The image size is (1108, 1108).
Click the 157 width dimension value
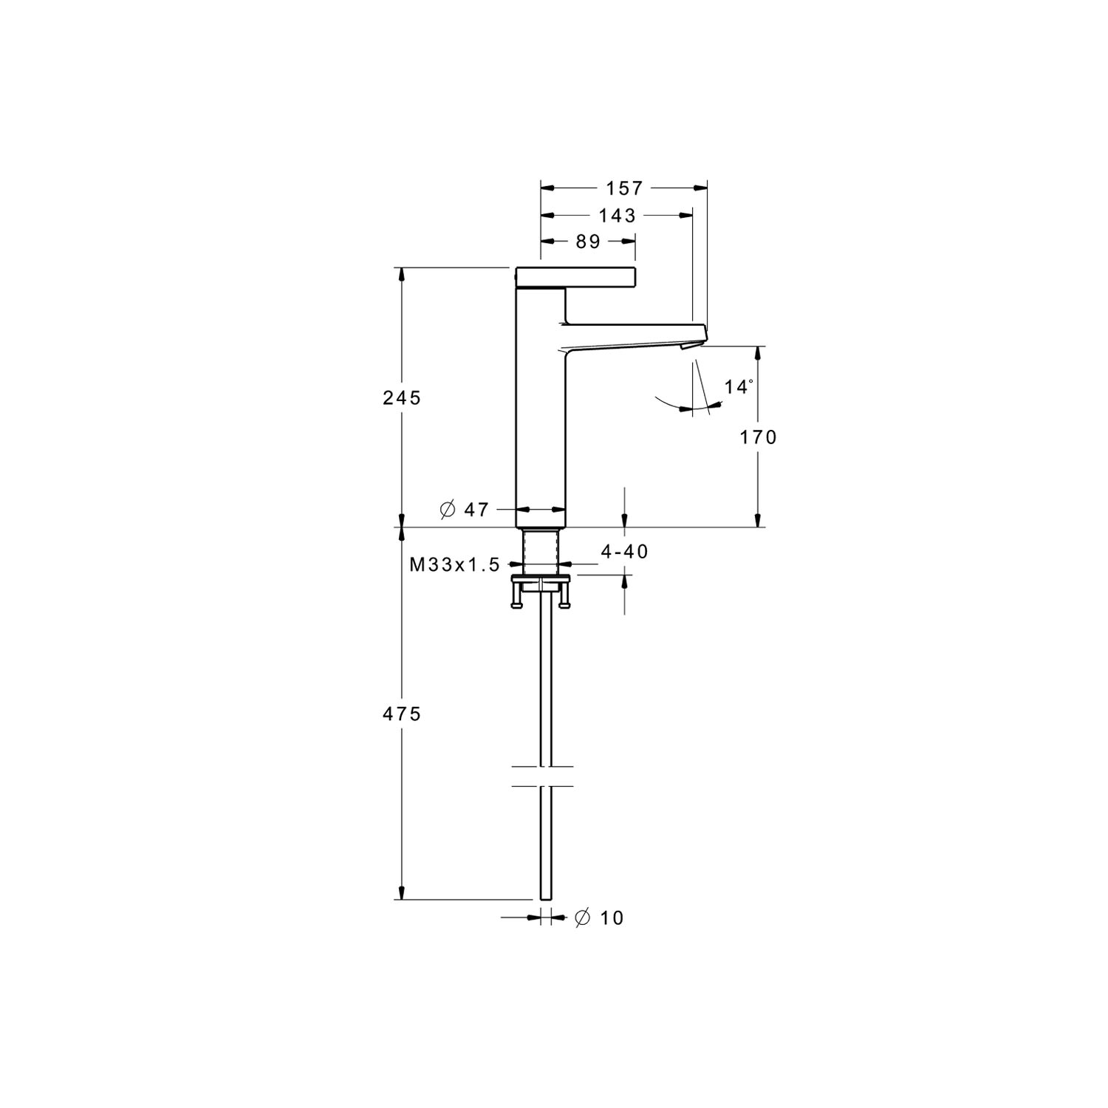click(x=626, y=188)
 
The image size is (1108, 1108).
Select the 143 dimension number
click(x=618, y=215)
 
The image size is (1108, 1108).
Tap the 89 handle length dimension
click(x=587, y=242)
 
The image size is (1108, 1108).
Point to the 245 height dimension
click(x=402, y=398)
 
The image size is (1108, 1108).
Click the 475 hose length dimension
click(x=402, y=714)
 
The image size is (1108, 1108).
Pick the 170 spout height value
click(x=759, y=437)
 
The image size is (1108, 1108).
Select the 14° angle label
click(x=739, y=386)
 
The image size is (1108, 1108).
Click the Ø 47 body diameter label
click(x=464, y=509)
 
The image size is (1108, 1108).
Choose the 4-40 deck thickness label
click(x=624, y=551)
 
